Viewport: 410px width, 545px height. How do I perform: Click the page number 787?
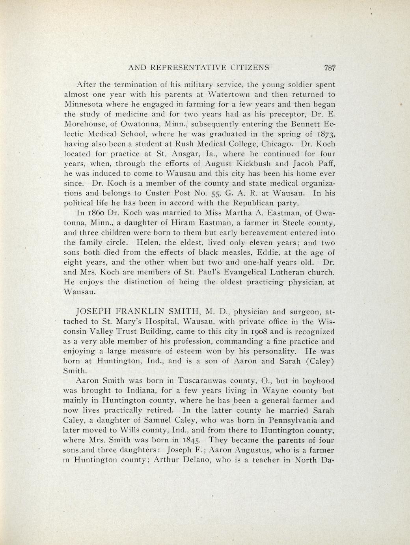329,68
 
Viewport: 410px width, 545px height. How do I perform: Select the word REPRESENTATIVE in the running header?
184,68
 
